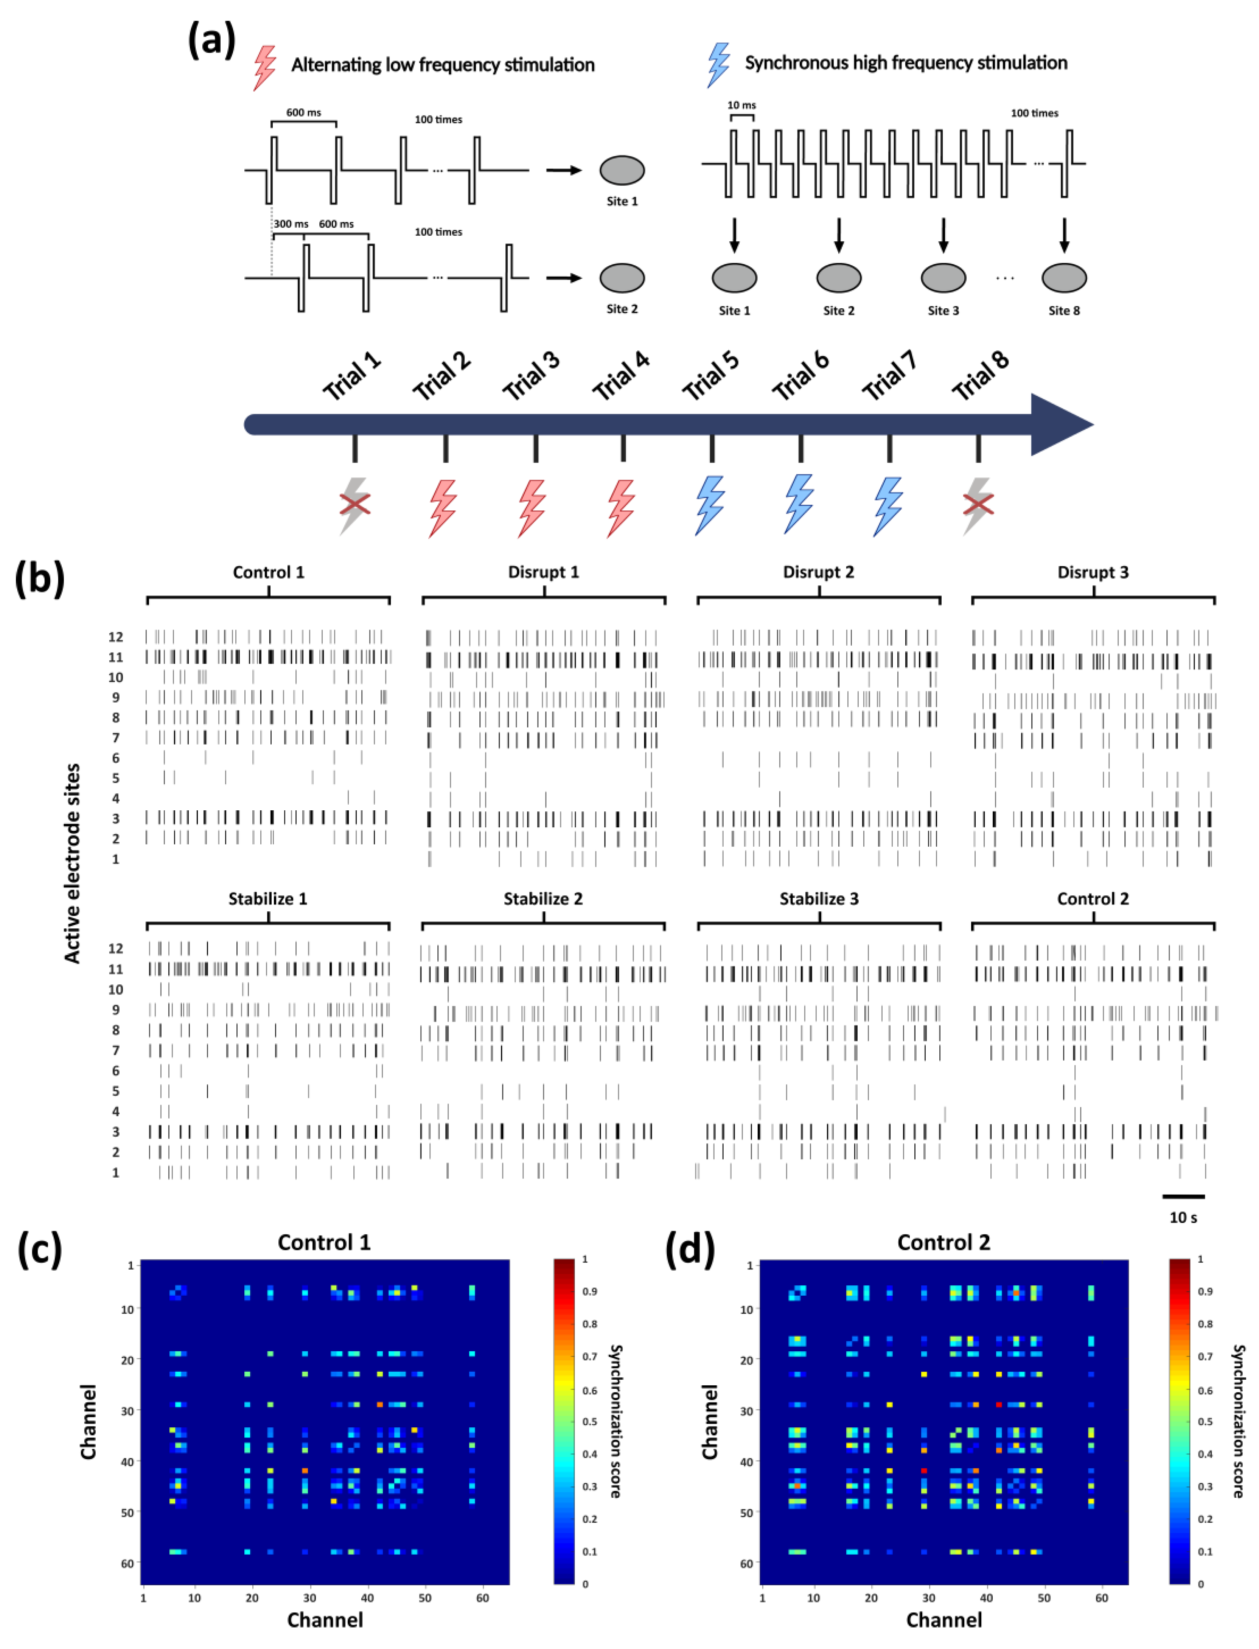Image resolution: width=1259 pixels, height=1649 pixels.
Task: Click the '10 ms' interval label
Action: coord(741,105)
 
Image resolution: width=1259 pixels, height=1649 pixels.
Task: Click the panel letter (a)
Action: coord(211,40)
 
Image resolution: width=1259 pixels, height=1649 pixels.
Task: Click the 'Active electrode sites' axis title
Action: coord(73,863)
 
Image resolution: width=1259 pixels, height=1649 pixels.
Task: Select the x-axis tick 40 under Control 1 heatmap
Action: coord(367,1597)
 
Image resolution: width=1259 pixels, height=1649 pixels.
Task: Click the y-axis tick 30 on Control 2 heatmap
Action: coord(746,1411)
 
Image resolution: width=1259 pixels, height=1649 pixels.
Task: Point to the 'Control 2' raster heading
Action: coord(1093,898)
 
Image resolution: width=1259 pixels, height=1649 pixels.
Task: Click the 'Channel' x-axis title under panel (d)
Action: coord(943,1620)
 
